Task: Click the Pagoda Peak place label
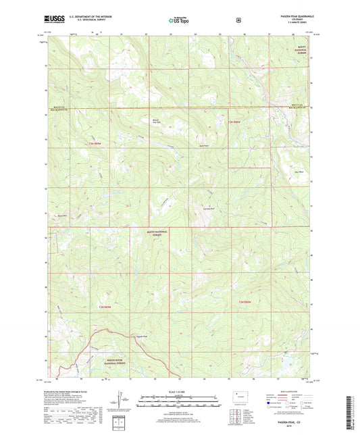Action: pos(140,336)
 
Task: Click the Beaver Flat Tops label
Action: pos(156,122)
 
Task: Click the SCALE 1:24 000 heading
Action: pos(179,392)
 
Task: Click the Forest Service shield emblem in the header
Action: pos(238,21)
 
